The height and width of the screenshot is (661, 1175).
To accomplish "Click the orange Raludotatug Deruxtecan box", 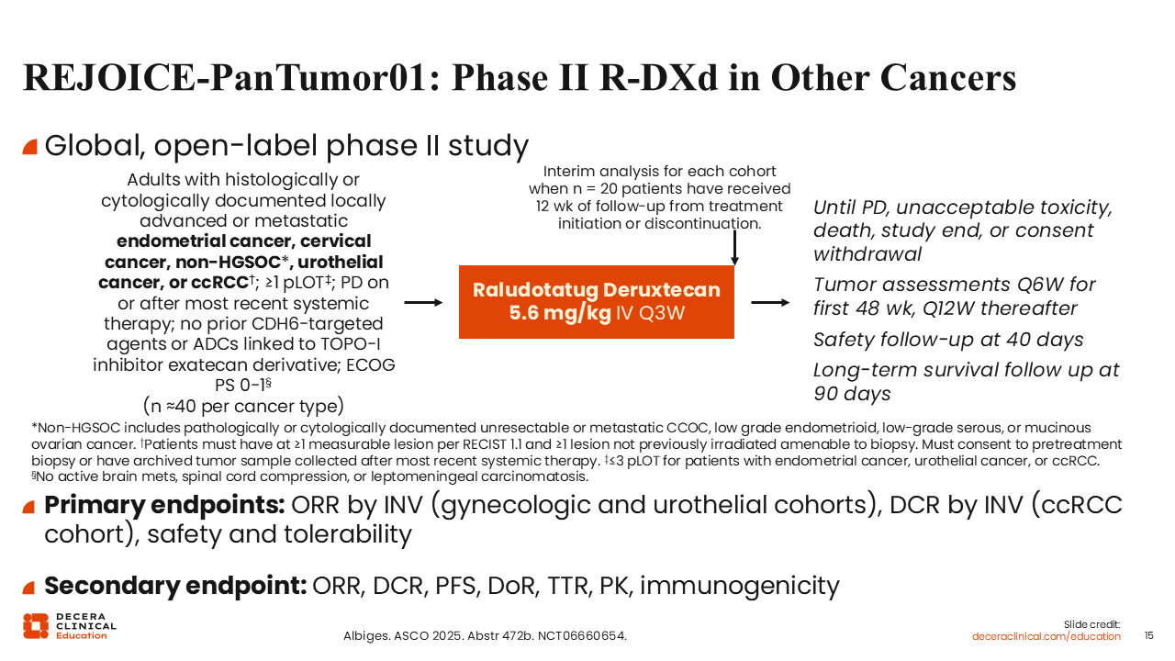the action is pyautogui.click(x=597, y=302).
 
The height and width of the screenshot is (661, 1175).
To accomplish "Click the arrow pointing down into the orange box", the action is pyautogui.click(x=734, y=248).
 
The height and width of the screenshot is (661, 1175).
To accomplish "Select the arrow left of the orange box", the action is pyautogui.click(x=423, y=303).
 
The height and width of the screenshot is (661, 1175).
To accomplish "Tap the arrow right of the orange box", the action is pyautogui.click(x=770, y=303).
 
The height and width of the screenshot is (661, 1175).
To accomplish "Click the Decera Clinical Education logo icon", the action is pyautogui.click(x=36, y=626).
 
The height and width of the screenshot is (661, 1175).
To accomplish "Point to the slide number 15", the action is pyautogui.click(x=1148, y=635).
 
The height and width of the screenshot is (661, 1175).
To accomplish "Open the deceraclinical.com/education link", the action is pyautogui.click(x=1046, y=636).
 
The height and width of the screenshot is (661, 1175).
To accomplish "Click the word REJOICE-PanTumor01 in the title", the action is pyautogui.click(x=224, y=78).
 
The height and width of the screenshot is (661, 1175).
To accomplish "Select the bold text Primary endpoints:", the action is pyautogui.click(x=164, y=505).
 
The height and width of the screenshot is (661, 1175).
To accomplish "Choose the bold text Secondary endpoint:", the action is pyautogui.click(x=175, y=586).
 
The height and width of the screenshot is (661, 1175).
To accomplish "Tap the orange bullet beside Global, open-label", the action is pyautogui.click(x=30, y=147).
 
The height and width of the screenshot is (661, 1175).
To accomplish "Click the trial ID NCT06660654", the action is pyautogui.click(x=582, y=636).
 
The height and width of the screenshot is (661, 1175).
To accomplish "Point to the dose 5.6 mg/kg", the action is pyautogui.click(x=560, y=313).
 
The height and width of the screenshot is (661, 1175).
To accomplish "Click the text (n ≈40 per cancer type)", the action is pyautogui.click(x=243, y=406).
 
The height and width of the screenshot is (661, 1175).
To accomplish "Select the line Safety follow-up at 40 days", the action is pyautogui.click(x=948, y=340).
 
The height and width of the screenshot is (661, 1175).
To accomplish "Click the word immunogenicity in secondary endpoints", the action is pyautogui.click(x=740, y=586).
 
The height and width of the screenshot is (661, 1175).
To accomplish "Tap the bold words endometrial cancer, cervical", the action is pyautogui.click(x=243, y=241).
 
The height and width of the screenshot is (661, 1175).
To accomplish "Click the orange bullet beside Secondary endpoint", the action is pyautogui.click(x=28, y=588).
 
